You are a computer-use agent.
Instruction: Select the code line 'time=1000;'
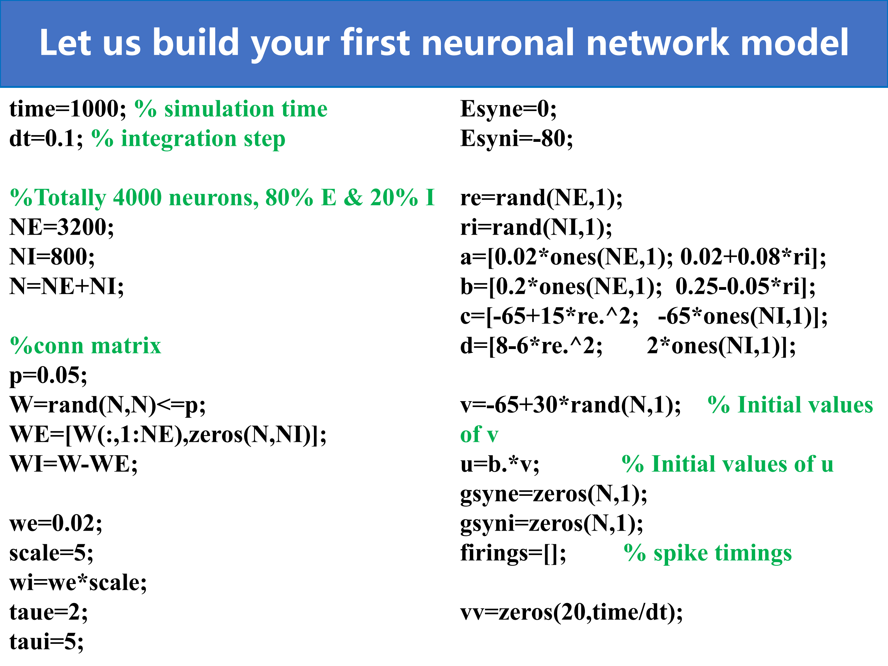pos(68,109)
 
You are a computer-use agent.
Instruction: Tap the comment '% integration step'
pos(188,139)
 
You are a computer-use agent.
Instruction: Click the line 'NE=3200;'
pos(62,227)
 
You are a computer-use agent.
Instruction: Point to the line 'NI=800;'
pos(52,257)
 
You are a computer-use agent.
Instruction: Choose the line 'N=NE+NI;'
pos(67,287)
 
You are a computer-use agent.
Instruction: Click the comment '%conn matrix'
pos(85,346)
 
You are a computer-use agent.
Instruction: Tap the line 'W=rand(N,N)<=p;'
pos(108,405)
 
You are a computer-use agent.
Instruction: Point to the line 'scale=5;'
pos(51,553)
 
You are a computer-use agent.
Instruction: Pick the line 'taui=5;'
pos(47,642)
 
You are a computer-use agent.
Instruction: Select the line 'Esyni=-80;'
pos(517,139)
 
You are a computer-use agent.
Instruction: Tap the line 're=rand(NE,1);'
pos(541,198)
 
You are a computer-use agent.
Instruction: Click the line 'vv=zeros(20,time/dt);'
pos(572,613)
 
